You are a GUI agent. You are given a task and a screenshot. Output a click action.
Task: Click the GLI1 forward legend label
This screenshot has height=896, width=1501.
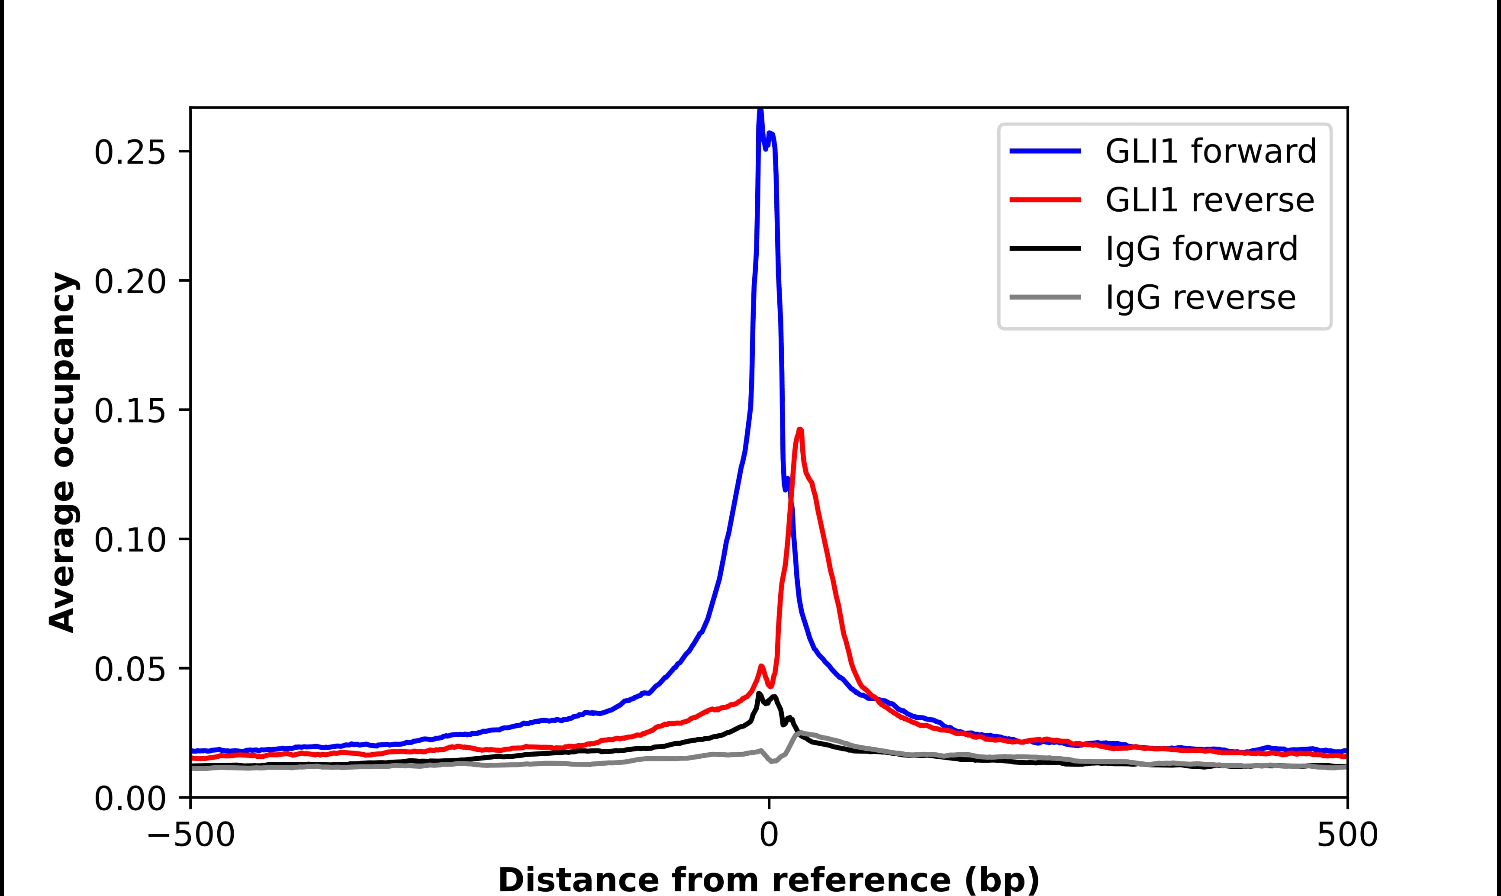click(1210, 151)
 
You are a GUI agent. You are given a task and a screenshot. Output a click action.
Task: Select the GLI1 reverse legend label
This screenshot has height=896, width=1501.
click(1209, 200)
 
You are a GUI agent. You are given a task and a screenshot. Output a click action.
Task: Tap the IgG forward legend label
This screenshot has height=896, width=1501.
click(1201, 249)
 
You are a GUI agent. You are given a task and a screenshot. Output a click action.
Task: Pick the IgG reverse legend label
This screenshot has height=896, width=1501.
click(1200, 298)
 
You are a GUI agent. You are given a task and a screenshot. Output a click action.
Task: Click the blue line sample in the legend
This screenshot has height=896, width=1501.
click(1045, 151)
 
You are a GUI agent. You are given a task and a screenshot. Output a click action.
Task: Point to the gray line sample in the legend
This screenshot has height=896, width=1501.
click(1045, 297)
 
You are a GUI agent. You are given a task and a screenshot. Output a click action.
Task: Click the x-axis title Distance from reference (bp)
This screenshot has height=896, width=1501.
click(768, 880)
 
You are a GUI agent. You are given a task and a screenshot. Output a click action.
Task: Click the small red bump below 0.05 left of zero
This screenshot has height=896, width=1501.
click(761, 667)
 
